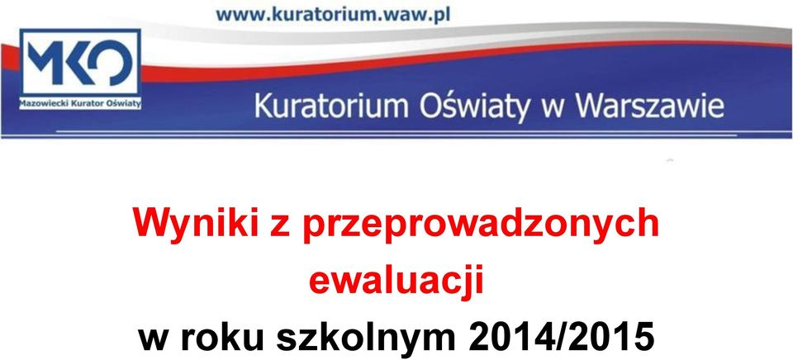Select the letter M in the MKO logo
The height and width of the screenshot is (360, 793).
point(45,62)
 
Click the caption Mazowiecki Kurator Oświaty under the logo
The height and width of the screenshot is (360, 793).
point(80,104)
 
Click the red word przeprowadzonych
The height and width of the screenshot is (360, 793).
point(481,225)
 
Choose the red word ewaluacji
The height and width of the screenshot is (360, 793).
point(396,281)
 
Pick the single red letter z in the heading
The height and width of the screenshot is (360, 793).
point(280,228)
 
